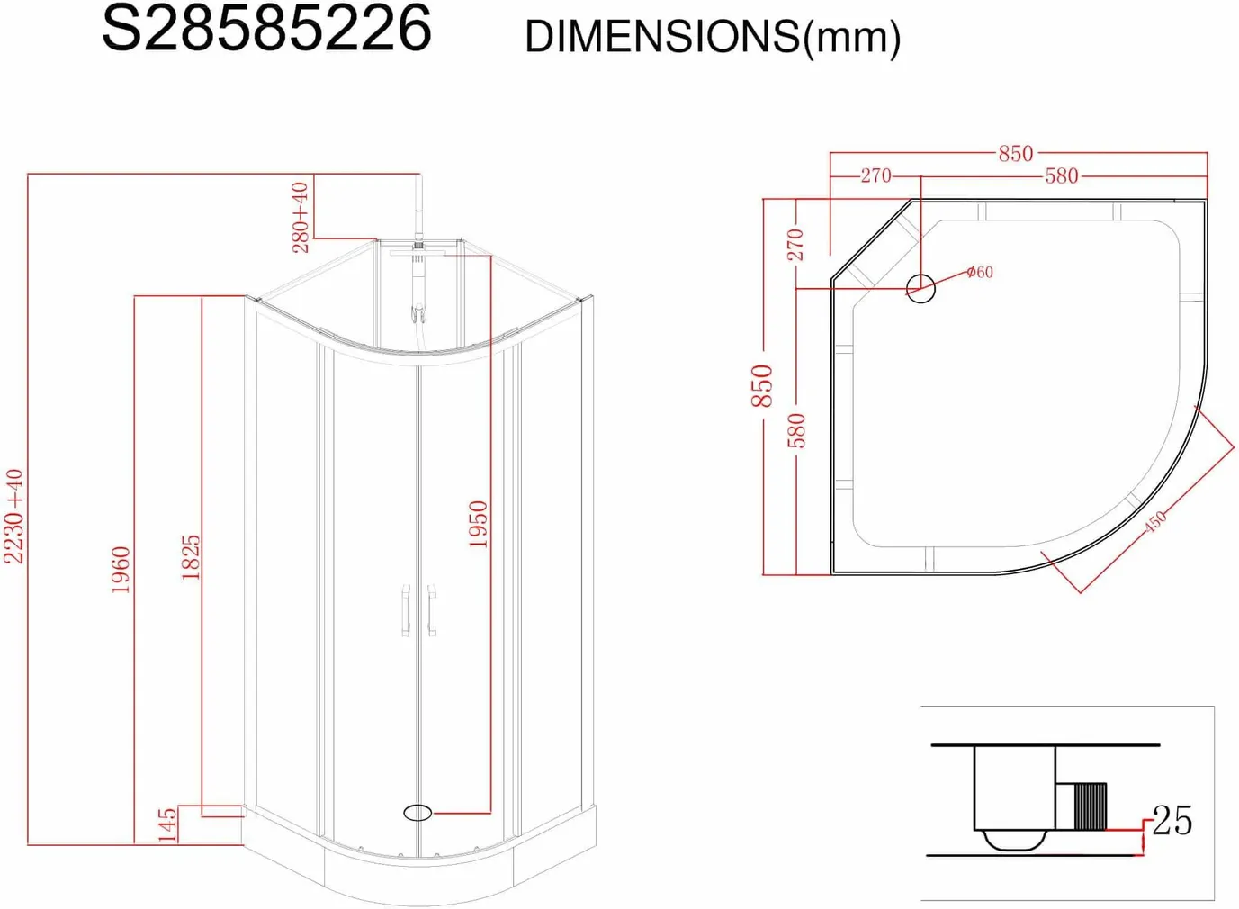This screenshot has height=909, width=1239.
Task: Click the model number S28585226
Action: pyautogui.click(x=266, y=29)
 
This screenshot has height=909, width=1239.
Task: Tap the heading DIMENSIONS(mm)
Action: pyautogui.click(x=713, y=38)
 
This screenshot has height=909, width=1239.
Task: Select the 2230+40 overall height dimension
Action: pyautogui.click(x=13, y=517)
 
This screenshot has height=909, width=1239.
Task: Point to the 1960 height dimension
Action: pyautogui.click(x=121, y=570)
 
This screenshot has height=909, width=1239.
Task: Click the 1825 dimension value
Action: pyautogui.click(x=190, y=557)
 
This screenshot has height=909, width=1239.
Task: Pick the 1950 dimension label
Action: pyautogui.click(x=478, y=525)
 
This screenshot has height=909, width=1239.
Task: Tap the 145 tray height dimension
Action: pyautogui.click(x=167, y=825)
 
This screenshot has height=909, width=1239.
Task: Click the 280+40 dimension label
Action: pyautogui.click(x=301, y=218)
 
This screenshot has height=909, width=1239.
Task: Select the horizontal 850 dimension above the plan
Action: pyautogui.click(x=1016, y=154)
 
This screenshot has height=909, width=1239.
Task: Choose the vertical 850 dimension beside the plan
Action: pyautogui.click(x=762, y=385)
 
